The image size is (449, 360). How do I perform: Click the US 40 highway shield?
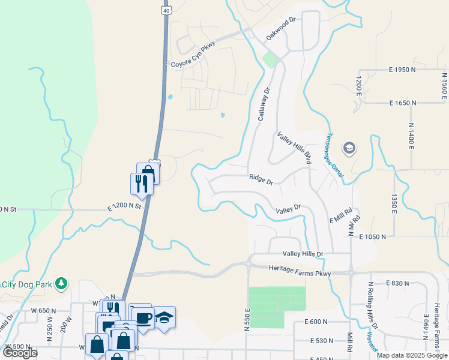click(x=165, y=10)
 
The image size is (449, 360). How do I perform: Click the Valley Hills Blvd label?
click(x=295, y=148)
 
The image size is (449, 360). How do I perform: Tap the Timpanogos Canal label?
click(x=335, y=155)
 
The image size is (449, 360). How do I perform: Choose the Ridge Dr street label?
click(x=261, y=178)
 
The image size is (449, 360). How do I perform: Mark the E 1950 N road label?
click(x=402, y=70)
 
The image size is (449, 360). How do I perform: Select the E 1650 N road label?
click(x=402, y=103)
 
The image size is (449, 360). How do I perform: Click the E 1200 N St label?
click(x=124, y=205)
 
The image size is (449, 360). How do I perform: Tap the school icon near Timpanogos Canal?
click(x=349, y=148)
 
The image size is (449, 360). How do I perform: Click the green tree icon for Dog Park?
click(x=61, y=283)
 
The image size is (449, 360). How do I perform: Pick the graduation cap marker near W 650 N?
click(x=164, y=316)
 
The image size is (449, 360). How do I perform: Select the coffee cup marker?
click(x=144, y=317)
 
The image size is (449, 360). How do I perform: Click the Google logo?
click(x=20, y=352)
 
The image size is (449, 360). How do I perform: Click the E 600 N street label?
click(x=315, y=322)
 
